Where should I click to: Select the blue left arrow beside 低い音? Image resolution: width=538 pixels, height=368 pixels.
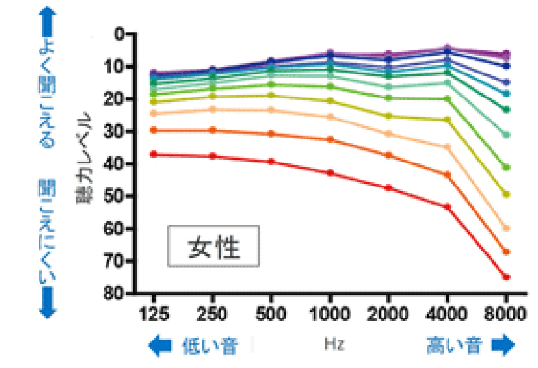(160, 345)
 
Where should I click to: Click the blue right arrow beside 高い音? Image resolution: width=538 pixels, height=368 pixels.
(503, 345)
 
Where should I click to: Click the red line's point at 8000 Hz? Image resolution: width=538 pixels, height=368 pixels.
(506, 277)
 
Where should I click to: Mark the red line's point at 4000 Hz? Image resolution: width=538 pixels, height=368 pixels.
(447, 206)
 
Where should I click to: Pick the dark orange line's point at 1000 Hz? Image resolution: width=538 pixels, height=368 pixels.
(329, 139)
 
